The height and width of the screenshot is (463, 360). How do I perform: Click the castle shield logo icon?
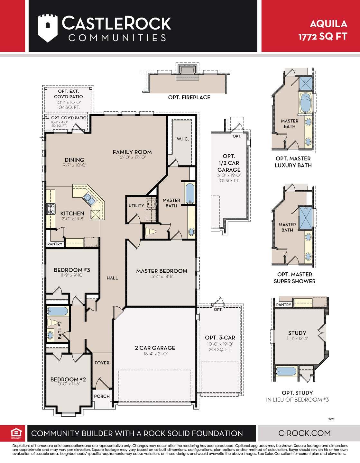coord(48,28)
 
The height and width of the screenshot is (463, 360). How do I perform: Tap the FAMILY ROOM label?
coord(132,152)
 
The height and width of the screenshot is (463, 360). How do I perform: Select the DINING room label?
coord(74,160)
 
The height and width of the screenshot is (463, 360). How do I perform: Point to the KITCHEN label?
coord(72,213)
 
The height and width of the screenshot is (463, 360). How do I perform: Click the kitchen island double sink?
coord(89,199)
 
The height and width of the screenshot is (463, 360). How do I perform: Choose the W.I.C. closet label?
coord(182,139)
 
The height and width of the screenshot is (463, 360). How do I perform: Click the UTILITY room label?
coord(136,206)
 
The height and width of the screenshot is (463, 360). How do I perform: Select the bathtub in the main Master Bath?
coord(189,193)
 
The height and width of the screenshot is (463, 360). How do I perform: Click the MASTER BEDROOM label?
coord(162,271)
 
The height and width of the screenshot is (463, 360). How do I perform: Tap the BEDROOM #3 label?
coord(72,270)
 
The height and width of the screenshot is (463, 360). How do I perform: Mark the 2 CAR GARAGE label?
coord(155,348)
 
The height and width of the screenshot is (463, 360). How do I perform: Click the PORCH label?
coord(102,396)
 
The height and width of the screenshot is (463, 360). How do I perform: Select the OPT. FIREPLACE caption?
coord(189,97)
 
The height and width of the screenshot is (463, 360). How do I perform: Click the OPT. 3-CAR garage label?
coord(220,338)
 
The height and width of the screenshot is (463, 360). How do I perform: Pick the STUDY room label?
coord(297,333)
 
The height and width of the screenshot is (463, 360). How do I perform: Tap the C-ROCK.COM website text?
coord(304,433)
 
